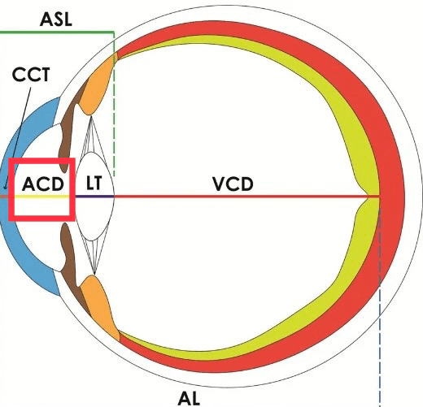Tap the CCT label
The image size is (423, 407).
[x=32, y=76]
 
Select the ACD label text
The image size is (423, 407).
[x=42, y=184]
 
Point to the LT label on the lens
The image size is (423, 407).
[x=94, y=184]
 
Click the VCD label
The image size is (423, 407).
[x=233, y=184]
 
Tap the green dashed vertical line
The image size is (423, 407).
[x=114, y=122]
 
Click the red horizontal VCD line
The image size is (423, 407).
[x=244, y=196]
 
